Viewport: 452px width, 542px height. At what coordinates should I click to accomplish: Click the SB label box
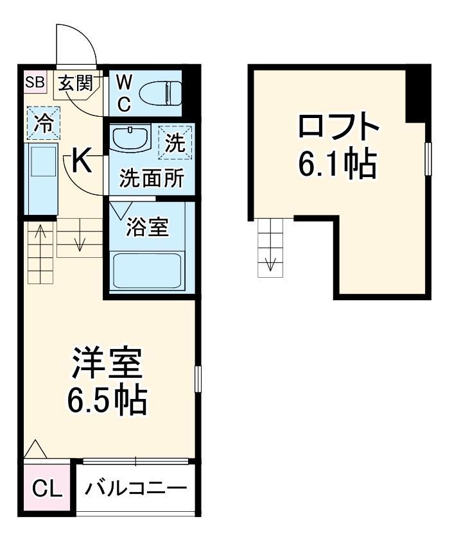(x=35, y=82)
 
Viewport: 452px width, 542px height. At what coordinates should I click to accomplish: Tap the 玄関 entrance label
(x=76, y=83)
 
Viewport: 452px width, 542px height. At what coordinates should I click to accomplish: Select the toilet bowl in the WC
(x=160, y=92)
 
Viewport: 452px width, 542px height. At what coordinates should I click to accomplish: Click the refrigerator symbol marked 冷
(x=44, y=123)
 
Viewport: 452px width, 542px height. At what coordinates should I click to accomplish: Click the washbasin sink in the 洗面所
(x=130, y=137)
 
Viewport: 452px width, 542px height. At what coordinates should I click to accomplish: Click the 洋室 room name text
(x=107, y=364)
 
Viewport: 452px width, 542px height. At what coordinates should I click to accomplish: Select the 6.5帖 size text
(x=108, y=400)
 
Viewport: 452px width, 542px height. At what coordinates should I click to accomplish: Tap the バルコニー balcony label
(x=135, y=488)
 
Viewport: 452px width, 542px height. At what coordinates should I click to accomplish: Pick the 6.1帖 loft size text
(x=336, y=165)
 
